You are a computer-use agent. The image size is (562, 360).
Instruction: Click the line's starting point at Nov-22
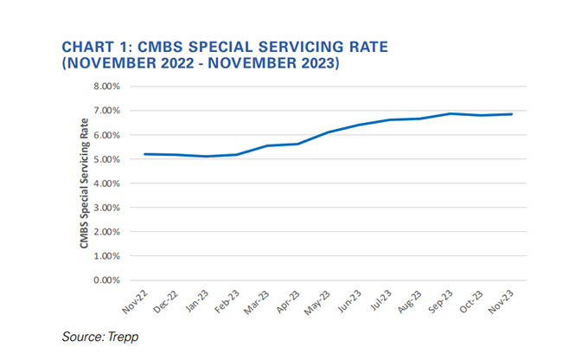pyautogui.click(x=144, y=154)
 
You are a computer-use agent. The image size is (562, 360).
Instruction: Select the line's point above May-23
pyautogui.click(x=328, y=132)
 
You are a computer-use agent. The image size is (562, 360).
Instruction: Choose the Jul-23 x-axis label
pyautogui.click(x=378, y=299)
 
